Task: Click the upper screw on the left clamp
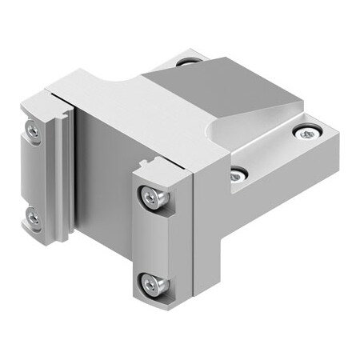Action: coord(33,129)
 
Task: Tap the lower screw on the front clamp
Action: coord(151,282)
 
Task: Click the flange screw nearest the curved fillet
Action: coord(238,174)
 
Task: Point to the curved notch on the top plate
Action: coord(112,80)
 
